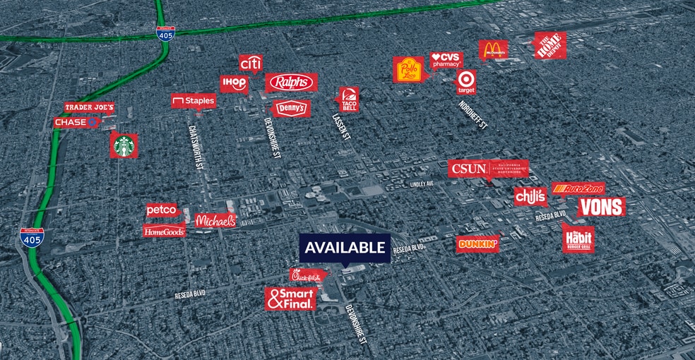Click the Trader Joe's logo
pyautogui.click(x=89, y=107)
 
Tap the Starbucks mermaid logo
pyautogui.click(x=124, y=145)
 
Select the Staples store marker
pyautogui.click(x=193, y=101)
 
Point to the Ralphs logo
pyautogui.click(x=292, y=83)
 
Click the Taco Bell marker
pyautogui.click(x=349, y=99)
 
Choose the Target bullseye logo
pyautogui.click(x=466, y=80)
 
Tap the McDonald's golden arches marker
pyautogui.click(x=493, y=50)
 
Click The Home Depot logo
pyautogui.click(x=550, y=45)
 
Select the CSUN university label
pyautogui.click(x=487, y=169)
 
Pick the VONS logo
pyautogui.click(x=601, y=207)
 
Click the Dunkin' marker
pyautogui.click(x=478, y=244)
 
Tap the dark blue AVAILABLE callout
pyautogui.click(x=345, y=248)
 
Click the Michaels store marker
pyautogui.click(x=215, y=221)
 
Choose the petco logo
pyautogui.click(x=161, y=210)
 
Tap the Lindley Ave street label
pyautogui.click(x=422, y=184)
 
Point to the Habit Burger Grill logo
pyautogui.click(x=578, y=239)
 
